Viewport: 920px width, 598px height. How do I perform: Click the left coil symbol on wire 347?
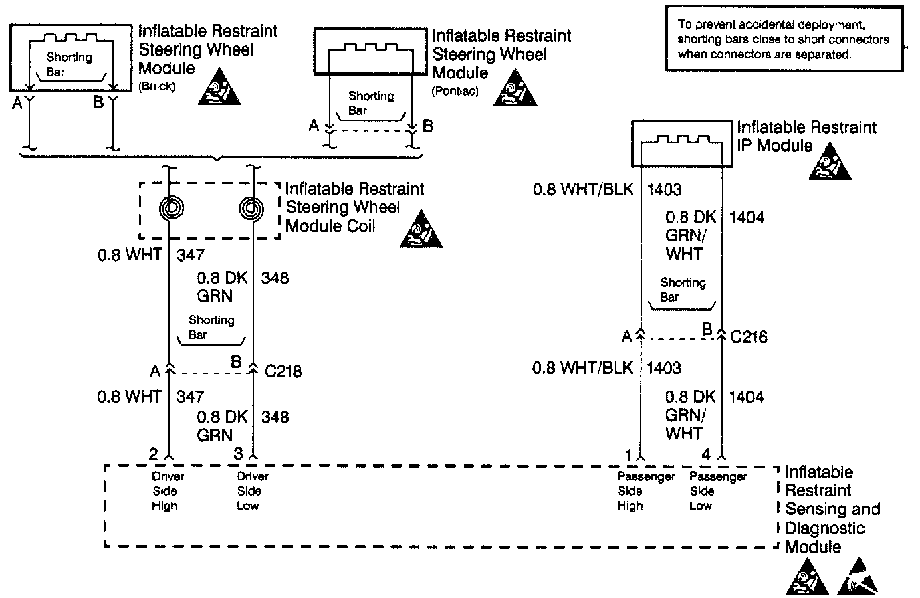click(x=171, y=209)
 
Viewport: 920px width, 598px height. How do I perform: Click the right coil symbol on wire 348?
click(x=252, y=209)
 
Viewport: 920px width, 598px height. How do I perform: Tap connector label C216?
click(x=749, y=336)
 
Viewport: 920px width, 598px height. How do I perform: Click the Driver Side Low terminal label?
click(x=252, y=491)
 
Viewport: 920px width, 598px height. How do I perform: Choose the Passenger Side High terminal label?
click(x=631, y=491)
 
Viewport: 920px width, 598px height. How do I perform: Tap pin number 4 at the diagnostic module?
click(x=706, y=454)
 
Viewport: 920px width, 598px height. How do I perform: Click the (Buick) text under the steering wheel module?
click(x=156, y=87)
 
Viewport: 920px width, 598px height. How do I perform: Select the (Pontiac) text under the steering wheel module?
click(x=455, y=90)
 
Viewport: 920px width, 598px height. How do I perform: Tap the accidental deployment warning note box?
click(x=784, y=38)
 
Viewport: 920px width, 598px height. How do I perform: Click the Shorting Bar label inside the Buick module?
click(x=68, y=64)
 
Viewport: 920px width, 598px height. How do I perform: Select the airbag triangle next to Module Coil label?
click(x=421, y=229)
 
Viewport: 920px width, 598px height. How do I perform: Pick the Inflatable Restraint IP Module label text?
click(x=806, y=136)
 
